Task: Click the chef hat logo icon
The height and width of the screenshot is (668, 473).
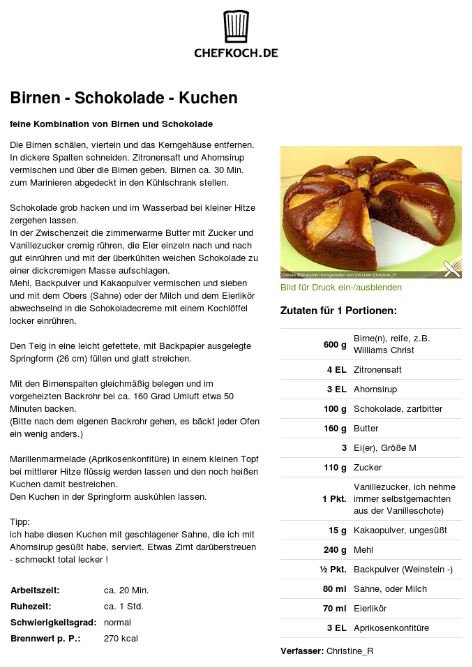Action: click(236, 27)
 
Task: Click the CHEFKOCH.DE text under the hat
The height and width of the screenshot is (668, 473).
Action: click(236, 52)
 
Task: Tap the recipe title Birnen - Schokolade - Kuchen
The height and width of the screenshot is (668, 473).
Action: click(124, 98)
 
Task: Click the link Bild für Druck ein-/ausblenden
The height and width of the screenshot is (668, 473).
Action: click(341, 288)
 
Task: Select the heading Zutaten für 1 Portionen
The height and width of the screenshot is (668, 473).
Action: click(338, 311)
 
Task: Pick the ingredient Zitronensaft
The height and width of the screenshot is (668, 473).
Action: click(377, 370)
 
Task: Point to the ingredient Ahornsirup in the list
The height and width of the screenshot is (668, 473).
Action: click(375, 389)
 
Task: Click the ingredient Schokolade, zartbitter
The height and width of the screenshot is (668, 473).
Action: click(398, 409)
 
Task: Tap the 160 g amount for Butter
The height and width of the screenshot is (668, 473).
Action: click(335, 429)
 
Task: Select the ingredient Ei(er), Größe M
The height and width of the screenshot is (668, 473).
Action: click(384, 448)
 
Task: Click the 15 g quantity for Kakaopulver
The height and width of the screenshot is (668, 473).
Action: click(338, 530)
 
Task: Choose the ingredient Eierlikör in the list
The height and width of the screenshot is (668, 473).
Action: click(372, 609)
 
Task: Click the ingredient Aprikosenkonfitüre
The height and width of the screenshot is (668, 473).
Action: click(391, 628)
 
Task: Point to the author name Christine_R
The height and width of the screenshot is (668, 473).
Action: click(350, 651)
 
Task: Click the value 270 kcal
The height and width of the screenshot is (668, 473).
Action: click(121, 639)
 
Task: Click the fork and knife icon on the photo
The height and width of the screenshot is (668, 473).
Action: click(452, 268)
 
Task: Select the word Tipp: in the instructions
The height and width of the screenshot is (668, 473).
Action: click(20, 522)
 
